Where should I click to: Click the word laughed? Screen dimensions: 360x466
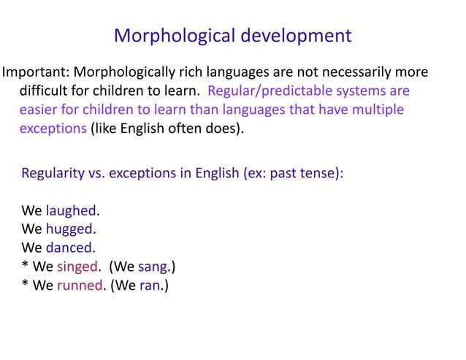(x=71, y=210)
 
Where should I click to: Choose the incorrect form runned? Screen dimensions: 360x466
(x=79, y=285)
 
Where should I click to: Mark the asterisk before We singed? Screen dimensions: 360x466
(x=25, y=264)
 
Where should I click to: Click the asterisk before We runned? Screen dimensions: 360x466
(x=25, y=283)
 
